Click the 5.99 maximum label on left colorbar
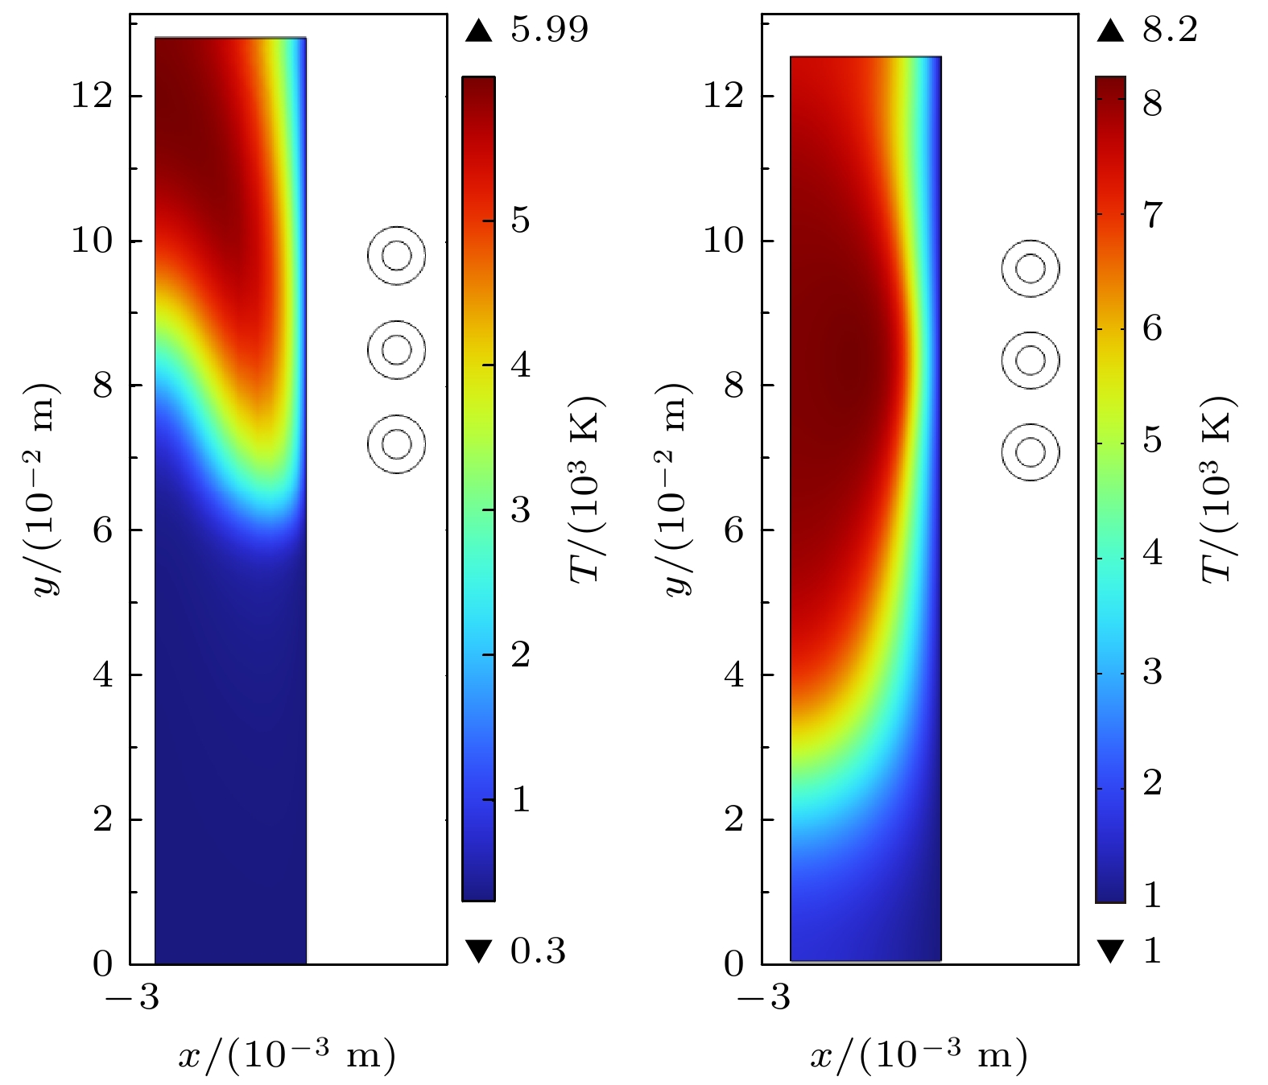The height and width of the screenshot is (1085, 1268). click(549, 31)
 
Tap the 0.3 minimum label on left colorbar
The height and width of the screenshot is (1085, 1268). click(538, 951)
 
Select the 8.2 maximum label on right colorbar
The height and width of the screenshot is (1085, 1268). click(1170, 31)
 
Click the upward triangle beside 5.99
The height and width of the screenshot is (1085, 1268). click(478, 31)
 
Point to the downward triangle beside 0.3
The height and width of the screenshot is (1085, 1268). click(478, 951)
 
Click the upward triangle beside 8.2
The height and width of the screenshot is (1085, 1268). click(1110, 31)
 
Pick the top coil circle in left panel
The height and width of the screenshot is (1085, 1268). click(396, 256)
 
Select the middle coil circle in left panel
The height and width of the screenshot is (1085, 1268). click(396, 349)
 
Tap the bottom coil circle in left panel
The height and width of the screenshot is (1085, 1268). click(396, 443)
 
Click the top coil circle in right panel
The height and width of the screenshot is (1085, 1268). click(1031, 268)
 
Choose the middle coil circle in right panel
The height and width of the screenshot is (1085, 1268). click(1031, 361)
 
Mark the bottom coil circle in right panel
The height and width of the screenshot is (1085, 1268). click(1031, 452)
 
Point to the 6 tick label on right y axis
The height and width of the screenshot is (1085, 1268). click(733, 530)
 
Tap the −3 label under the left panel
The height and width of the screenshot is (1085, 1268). click(132, 998)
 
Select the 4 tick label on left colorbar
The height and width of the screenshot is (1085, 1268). click(520, 365)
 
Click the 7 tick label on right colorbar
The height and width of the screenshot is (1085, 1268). click(1152, 215)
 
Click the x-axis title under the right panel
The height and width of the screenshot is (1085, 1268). click(919, 1054)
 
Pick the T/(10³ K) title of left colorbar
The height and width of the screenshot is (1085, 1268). click(587, 489)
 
